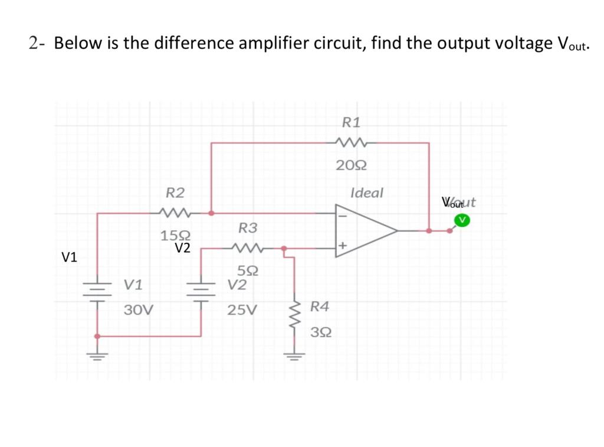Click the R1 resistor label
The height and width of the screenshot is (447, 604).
point(352,122)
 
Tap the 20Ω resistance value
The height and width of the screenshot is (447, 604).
point(352,165)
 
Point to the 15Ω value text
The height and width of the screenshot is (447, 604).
point(172,236)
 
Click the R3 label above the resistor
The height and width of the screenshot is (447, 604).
point(248,227)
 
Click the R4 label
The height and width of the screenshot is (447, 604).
point(320,306)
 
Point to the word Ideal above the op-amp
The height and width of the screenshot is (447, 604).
point(366,192)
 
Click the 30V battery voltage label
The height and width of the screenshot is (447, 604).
point(139,309)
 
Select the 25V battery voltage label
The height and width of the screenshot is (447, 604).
point(242,309)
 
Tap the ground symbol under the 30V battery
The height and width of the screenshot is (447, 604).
point(97,356)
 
